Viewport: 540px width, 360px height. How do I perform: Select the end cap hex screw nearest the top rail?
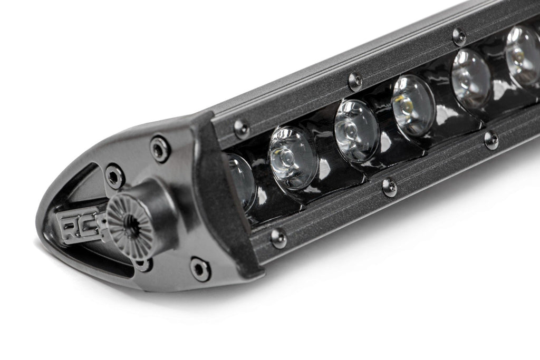159,149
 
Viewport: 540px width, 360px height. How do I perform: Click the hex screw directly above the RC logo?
114,176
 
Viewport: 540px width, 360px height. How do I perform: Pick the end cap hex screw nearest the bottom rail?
200,269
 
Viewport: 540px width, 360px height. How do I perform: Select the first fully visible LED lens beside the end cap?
292,159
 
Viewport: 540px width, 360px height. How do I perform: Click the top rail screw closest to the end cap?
242,128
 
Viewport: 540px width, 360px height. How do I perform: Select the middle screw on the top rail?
355,81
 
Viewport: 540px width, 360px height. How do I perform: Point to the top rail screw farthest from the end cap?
459,37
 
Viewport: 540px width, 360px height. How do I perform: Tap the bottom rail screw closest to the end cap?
278,237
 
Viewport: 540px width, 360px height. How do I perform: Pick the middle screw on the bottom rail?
389,187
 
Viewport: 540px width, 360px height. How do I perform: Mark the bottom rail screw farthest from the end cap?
490,140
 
